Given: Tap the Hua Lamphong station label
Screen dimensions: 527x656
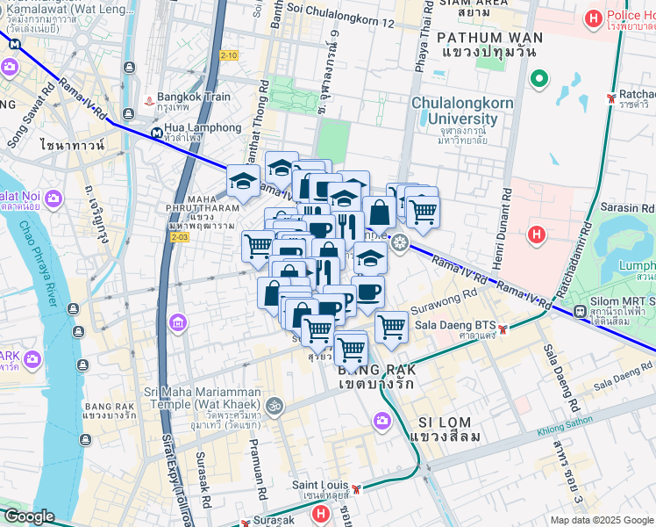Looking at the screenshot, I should [202, 128].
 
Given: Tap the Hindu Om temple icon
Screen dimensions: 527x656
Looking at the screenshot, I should [274, 406].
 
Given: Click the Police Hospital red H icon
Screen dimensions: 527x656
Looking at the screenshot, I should [595, 17].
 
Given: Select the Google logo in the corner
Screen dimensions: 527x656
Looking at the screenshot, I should [29, 516].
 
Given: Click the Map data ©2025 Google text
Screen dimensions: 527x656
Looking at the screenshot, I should [602, 520].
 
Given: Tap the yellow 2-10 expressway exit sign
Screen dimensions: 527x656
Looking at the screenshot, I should [229, 55].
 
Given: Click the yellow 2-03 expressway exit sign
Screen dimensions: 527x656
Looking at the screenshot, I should [180, 237].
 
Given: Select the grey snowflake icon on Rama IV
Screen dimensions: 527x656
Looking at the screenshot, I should [401, 242].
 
